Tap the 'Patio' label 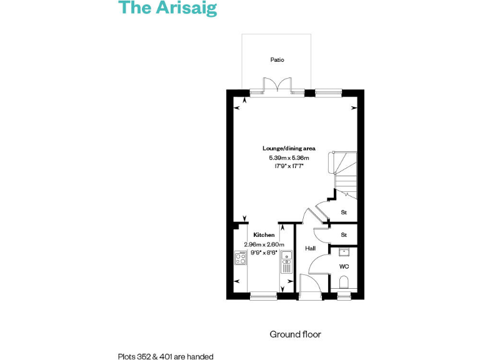click(277, 60)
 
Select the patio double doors click(277, 87)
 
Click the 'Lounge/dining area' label click(289, 149)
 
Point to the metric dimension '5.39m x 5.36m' click(289, 158)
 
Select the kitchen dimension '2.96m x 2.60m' click(264, 244)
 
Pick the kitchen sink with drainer click(286, 261)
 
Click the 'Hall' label click(310, 249)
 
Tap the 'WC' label click(343, 266)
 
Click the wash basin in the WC click(343, 252)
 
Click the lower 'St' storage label click(343, 235)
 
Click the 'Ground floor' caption click(295, 334)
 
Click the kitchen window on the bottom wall click(263, 296)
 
